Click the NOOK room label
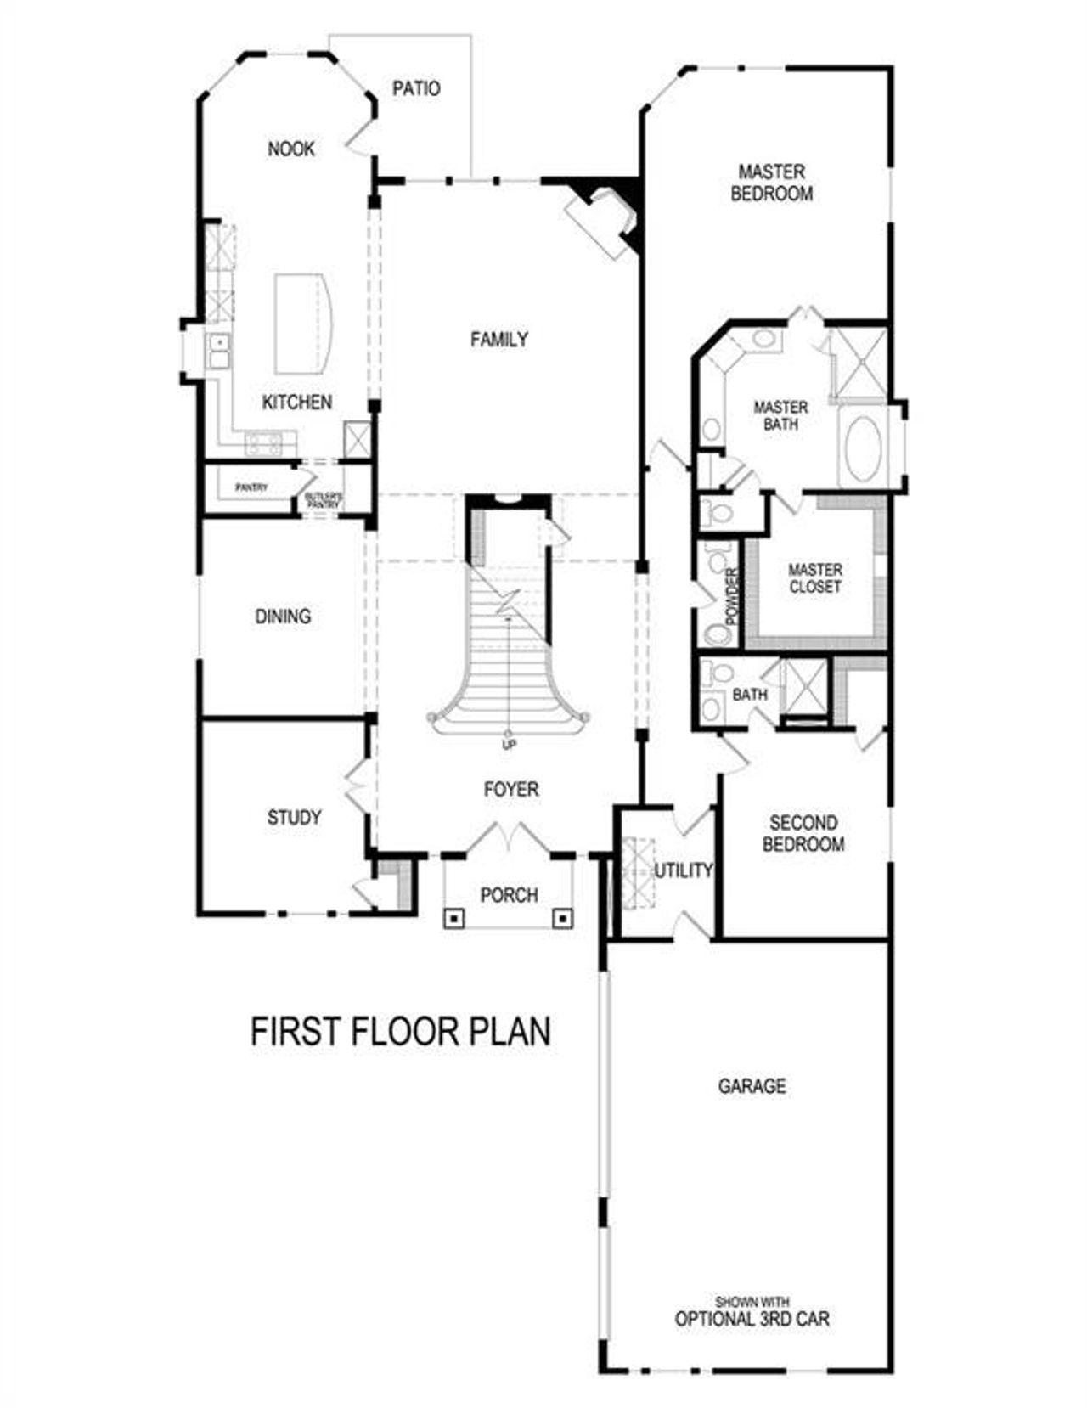291,149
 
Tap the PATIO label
416,88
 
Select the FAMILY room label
499,340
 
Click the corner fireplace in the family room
604,220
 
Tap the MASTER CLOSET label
815,578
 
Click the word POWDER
732,594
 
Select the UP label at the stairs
510,745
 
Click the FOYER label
511,790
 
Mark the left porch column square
455,917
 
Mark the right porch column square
563,917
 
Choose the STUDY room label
294,817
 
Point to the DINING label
283,617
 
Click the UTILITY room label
683,870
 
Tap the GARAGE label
752,1086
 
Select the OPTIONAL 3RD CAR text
752,1319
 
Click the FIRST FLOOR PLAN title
401,1031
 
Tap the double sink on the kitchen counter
219,350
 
